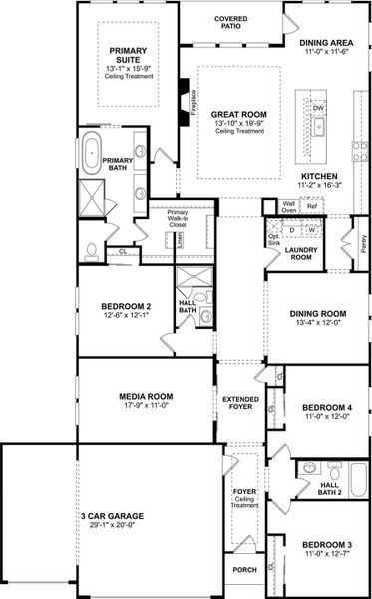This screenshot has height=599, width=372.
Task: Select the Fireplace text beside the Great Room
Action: pos(192,100)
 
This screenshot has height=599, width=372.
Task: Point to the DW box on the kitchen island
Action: pos(318,107)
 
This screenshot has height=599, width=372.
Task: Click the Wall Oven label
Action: pos(289,207)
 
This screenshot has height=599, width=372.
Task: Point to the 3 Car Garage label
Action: pos(111,516)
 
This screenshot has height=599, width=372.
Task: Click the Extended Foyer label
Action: pos(241,403)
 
